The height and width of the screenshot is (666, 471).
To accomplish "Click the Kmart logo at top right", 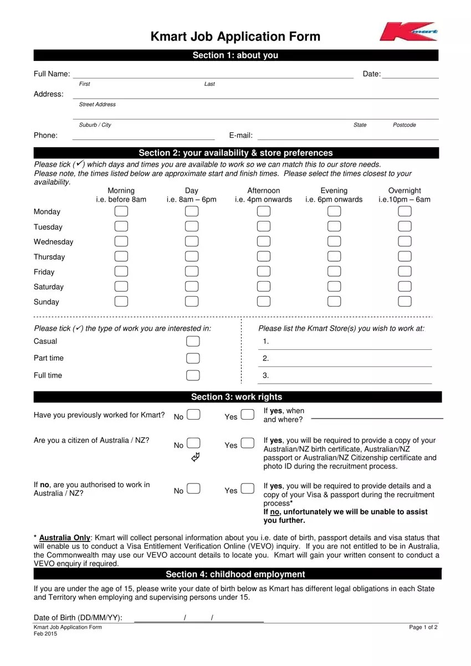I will click(408, 32).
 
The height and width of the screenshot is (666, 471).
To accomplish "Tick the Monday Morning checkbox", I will click(121, 211).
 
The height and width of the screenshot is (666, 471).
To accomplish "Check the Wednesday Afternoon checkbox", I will click(264, 241).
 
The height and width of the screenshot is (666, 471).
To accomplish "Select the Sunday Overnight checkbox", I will click(405, 301).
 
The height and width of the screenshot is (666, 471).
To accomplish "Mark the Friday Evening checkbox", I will click(334, 271).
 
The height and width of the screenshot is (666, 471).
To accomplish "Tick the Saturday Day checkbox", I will click(192, 286).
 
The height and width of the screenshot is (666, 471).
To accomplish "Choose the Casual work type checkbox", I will click(193, 341).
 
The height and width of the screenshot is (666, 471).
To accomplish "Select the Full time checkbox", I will click(193, 375).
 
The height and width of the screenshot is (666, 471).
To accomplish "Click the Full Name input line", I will click(213, 75).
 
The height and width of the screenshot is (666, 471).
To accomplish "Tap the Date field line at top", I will click(409, 75).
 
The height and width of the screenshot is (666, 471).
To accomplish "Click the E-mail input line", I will click(347, 136).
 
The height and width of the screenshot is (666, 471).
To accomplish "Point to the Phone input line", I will click(144, 136).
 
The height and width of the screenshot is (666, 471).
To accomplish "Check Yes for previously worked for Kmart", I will click(248, 415).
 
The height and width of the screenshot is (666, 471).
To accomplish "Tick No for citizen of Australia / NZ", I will click(194, 443).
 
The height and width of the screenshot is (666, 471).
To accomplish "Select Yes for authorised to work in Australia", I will click(248, 489).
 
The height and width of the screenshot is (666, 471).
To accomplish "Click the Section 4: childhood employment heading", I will click(235, 574).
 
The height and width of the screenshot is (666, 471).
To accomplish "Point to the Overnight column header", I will click(405, 195).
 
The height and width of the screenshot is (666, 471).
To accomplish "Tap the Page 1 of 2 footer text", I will click(423, 627).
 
